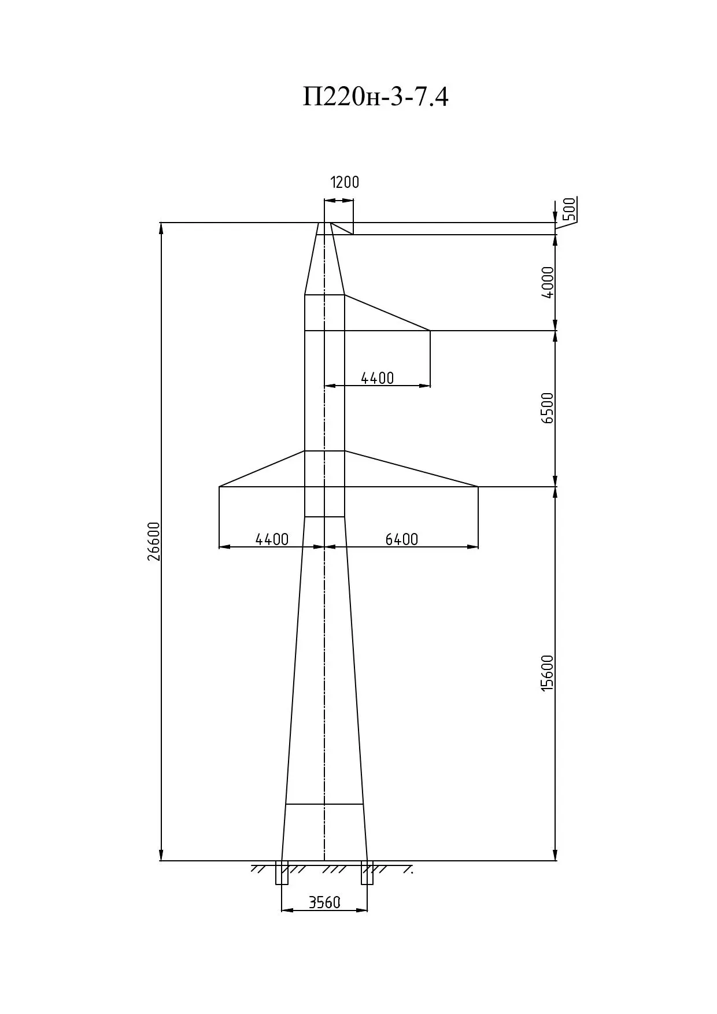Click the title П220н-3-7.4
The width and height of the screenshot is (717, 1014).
tap(376, 97)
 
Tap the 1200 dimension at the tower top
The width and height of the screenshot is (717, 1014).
tap(345, 182)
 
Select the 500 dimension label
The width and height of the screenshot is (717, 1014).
tap(569, 209)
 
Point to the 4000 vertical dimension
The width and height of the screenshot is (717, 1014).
tap(548, 282)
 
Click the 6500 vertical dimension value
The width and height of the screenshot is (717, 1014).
tap(548, 408)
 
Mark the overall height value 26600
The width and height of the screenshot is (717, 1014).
tap(153, 542)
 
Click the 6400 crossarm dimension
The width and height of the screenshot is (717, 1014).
tap(401, 539)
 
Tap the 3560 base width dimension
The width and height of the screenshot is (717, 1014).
tap(324, 902)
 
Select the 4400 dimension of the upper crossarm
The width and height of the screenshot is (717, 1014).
tap(377, 378)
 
